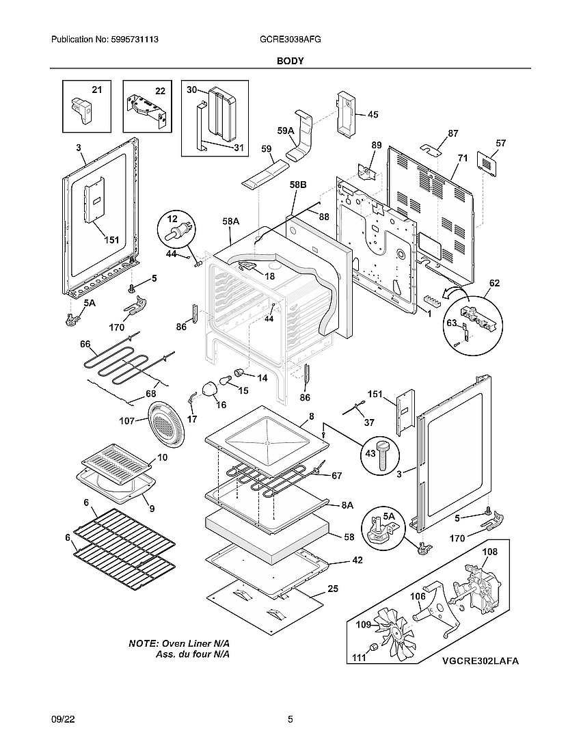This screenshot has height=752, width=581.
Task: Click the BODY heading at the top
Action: point(290,61)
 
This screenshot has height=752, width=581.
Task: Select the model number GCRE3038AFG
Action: point(290,40)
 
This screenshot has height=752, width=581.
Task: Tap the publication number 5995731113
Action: point(105,40)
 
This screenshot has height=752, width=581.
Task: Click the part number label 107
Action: point(128,421)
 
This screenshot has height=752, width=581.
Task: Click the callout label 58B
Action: point(298,185)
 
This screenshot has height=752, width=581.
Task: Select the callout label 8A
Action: point(347,505)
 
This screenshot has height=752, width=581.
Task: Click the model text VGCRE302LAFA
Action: point(480,661)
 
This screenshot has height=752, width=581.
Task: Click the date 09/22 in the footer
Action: point(62,719)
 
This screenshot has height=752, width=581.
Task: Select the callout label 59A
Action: point(286,131)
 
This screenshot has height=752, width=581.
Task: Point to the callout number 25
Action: point(333,589)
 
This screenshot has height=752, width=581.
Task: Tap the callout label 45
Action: point(373,115)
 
